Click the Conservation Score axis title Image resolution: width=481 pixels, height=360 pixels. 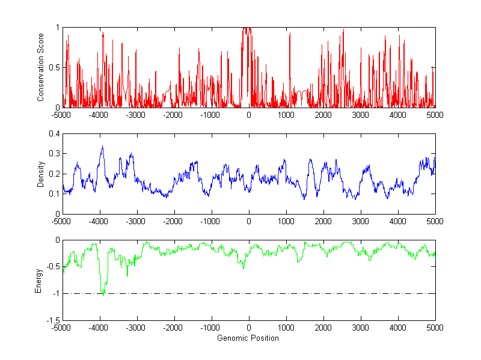tap(41, 67)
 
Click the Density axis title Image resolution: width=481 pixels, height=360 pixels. tap(41, 174)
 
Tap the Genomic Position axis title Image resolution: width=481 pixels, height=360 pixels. tap(248, 338)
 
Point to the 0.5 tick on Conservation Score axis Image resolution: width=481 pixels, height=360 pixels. tap(54, 67)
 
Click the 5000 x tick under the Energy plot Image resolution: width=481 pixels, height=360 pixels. tap(435, 328)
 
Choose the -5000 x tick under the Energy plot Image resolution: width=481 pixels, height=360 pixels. tap(61, 328)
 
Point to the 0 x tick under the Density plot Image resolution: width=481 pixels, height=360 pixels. tap(249, 221)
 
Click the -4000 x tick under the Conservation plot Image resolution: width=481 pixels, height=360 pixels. tap(99, 115)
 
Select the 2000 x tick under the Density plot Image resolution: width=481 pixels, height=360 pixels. tap(323, 221)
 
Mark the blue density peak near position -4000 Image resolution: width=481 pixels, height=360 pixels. tap(102, 147)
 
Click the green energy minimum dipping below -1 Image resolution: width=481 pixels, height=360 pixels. tap(103, 294)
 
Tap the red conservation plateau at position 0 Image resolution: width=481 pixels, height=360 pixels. tap(247, 29)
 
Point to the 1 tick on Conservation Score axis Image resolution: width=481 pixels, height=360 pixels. tap(57, 28)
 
